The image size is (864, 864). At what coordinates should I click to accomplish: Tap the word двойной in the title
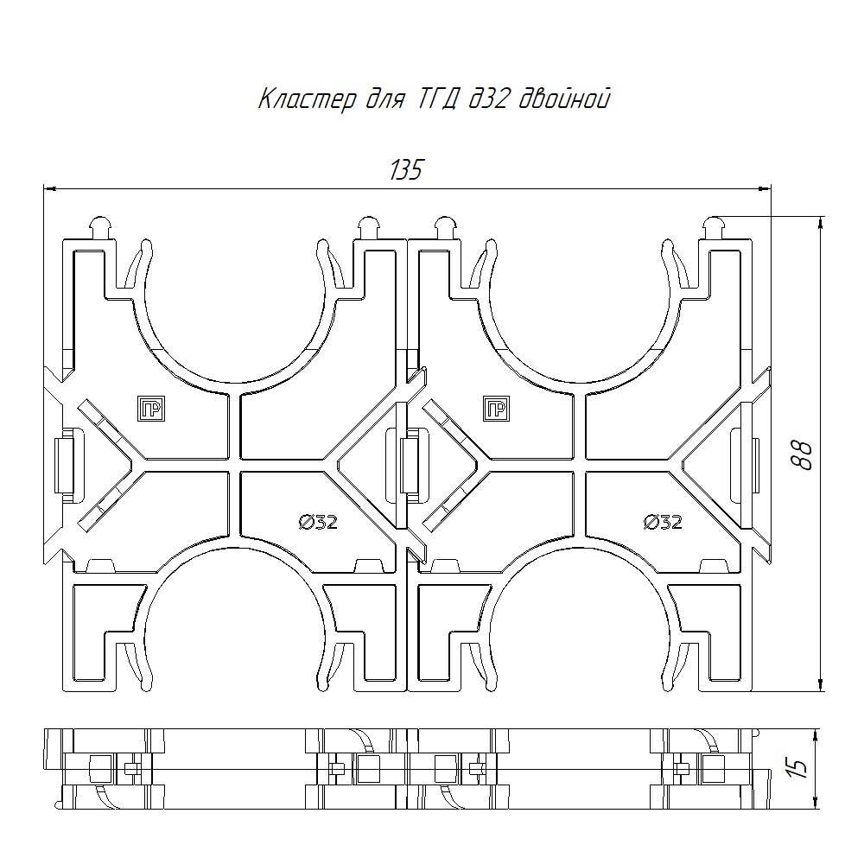[565, 98]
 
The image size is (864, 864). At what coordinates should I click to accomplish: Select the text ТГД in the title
[437, 99]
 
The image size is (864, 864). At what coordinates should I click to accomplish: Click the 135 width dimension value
[406, 169]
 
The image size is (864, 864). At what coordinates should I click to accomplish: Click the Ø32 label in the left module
[318, 521]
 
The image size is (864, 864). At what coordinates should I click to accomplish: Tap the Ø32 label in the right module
[663, 521]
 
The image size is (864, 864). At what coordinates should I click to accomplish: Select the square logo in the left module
[151, 409]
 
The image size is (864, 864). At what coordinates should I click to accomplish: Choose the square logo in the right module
[496, 409]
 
